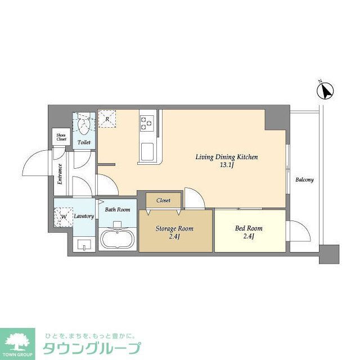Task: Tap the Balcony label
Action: tap(304, 180)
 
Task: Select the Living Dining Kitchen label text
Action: tap(226, 157)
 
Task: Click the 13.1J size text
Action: tap(226, 165)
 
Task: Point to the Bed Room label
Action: tap(249, 228)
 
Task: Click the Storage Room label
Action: tap(174, 229)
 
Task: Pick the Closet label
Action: tap(164, 200)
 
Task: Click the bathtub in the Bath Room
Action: tap(118, 238)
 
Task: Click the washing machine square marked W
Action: tap(64, 217)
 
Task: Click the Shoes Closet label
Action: tap(61, 137)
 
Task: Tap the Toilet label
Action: tap(84, 143)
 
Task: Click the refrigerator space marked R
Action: tap(107, 119)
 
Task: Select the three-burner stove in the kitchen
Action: tap(147, 121)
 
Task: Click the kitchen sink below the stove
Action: tap(147, 151)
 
